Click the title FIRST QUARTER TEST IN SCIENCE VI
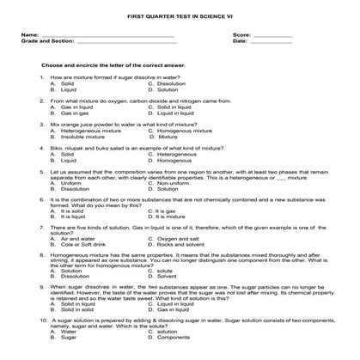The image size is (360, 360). coord(180,16)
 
